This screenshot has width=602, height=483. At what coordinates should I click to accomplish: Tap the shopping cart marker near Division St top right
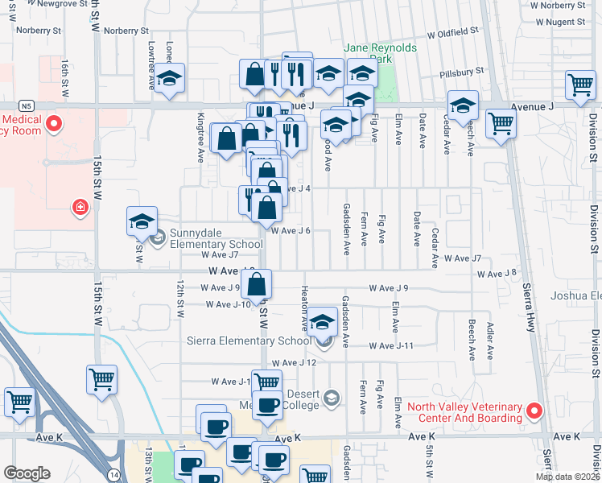(580, 84)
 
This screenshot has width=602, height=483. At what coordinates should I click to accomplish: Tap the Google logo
(27, 473)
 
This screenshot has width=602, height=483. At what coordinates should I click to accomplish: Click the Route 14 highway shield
(113, 475)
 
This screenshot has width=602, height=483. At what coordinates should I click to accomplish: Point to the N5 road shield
(27, 105)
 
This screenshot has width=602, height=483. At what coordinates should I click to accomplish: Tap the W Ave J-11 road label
(391, 345)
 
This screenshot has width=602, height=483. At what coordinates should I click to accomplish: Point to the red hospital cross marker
(80, 208)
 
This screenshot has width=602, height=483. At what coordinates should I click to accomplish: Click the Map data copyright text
(567, 477)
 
